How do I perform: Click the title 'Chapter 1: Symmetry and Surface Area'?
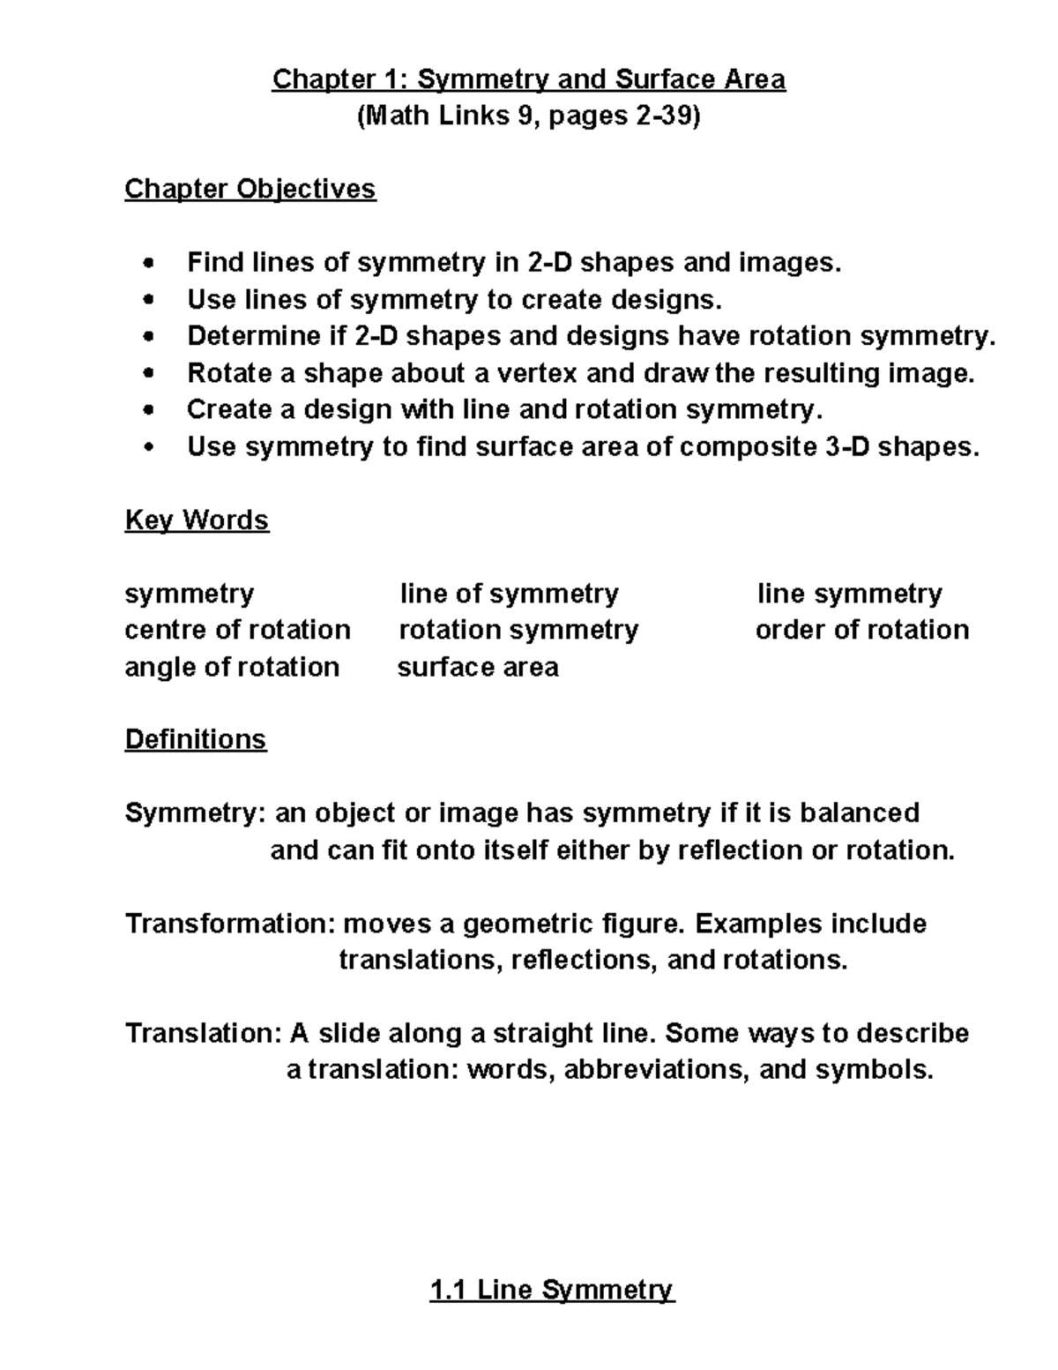[x=528, y=79]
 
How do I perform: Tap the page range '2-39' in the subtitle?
[x=662, y=116]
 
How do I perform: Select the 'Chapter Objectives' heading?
[x=250, y=189]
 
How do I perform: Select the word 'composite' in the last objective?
[x=749, y=447]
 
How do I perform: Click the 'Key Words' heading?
[x=197, y=520]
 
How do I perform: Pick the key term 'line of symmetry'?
[x=509, y=594]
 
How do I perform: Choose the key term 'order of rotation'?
[x=862, y=630]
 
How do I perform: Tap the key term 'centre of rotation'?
[x=238, y=630]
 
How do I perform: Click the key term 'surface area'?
[x=478, y=667]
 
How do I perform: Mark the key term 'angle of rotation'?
[x=232, y=667]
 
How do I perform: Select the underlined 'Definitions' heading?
[x=196, y=738]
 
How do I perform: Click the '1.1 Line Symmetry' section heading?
[x=551, y=1291]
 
